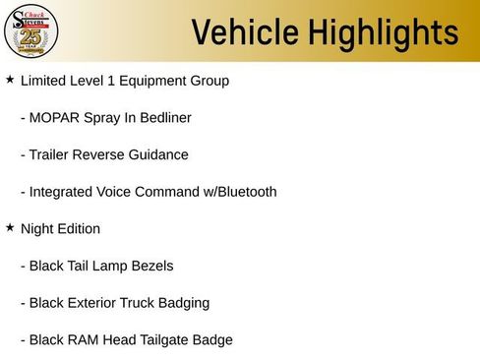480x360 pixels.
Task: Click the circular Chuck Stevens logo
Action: (30, 31)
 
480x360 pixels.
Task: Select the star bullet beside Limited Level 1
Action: (10, 79)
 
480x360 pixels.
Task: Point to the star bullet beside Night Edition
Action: (10, 227)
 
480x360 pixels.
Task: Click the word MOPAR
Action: (55, 118)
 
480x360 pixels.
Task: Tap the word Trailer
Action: (52, 154)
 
